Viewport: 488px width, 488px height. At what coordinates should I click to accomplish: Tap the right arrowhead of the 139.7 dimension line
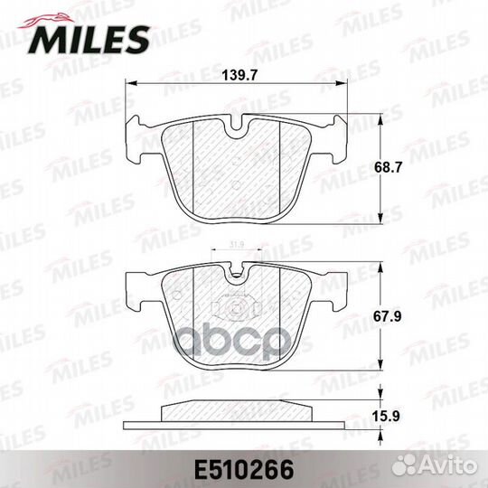(349, 84)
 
